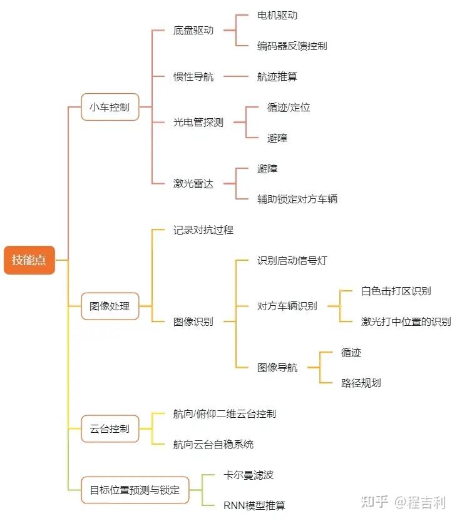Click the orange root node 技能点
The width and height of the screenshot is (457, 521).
click(29, 260)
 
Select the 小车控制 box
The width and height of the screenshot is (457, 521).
click(110, 107)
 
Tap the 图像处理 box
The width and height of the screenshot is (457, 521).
click(110, 306)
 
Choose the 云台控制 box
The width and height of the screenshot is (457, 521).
click(110, 429)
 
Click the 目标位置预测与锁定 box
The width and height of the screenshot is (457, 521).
click(135, 490)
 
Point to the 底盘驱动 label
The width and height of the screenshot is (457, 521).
click(193, 30)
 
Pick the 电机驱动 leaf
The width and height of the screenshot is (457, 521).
click(277, 15)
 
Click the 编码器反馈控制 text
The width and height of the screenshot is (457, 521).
click(292, 46)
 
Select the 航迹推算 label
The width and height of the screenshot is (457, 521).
click(277, 76)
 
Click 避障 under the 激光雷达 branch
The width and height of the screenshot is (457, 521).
click(267, 168)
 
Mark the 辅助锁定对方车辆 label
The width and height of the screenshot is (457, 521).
click(297, 199)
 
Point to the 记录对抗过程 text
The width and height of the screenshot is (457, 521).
click(203, 230)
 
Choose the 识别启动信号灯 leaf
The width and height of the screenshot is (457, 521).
click(292, 260)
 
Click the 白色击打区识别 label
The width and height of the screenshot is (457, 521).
click(396, 291)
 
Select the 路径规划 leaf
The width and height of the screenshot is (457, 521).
click(361, 383)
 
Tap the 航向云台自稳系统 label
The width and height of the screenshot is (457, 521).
click(213, 444)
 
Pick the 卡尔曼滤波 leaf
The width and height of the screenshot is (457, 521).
click(249, 475)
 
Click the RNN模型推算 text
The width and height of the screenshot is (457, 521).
click(254, 505)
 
